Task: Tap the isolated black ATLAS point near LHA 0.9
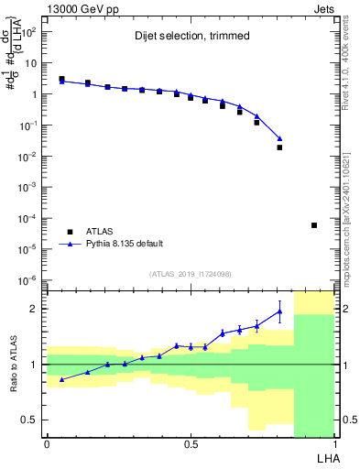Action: coord(314,225)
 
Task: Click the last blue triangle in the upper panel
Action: coord(279,139)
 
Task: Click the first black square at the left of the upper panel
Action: coord(61,80)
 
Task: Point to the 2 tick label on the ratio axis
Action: coord(33,309)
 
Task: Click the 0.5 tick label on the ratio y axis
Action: coord(28,420)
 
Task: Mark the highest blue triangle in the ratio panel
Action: coord(279,311)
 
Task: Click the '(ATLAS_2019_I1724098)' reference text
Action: coord(191,274)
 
